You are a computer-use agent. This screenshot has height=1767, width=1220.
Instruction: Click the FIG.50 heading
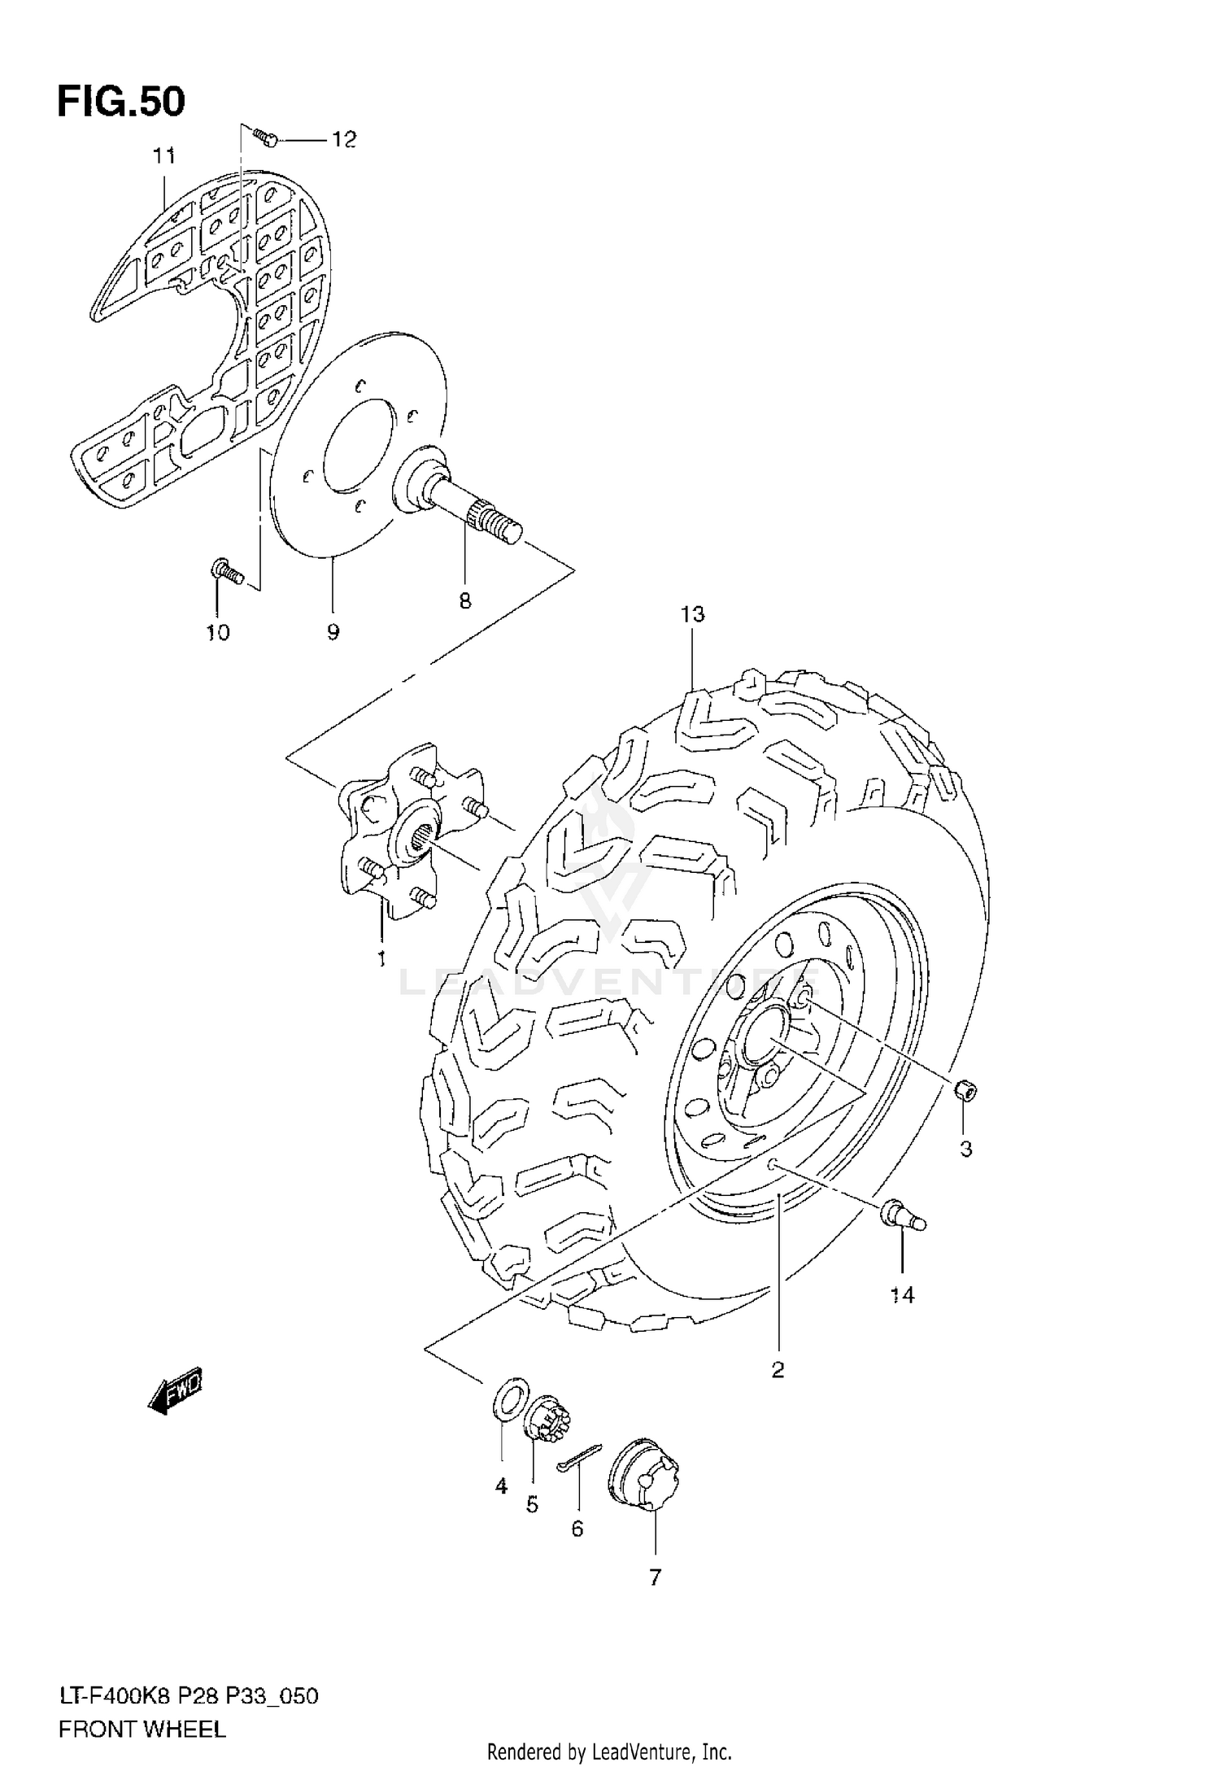(x=121, y=103)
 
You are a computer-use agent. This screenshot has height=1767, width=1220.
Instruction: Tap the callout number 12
(x=343, y=141)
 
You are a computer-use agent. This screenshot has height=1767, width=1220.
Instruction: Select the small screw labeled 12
(x=264, y=137)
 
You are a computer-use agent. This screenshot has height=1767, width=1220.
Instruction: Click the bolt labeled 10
(x=225, y=571)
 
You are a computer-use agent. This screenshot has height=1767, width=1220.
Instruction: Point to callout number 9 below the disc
(x=333, y=632)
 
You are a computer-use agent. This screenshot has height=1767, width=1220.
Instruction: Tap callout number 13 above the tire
(x=692, y=614)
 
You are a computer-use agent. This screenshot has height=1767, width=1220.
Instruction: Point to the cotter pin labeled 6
(x=579, y=1456)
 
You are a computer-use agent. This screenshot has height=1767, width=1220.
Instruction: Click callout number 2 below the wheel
(x=778, y=1369)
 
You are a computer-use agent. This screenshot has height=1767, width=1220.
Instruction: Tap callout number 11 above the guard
(x=164, y=155)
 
